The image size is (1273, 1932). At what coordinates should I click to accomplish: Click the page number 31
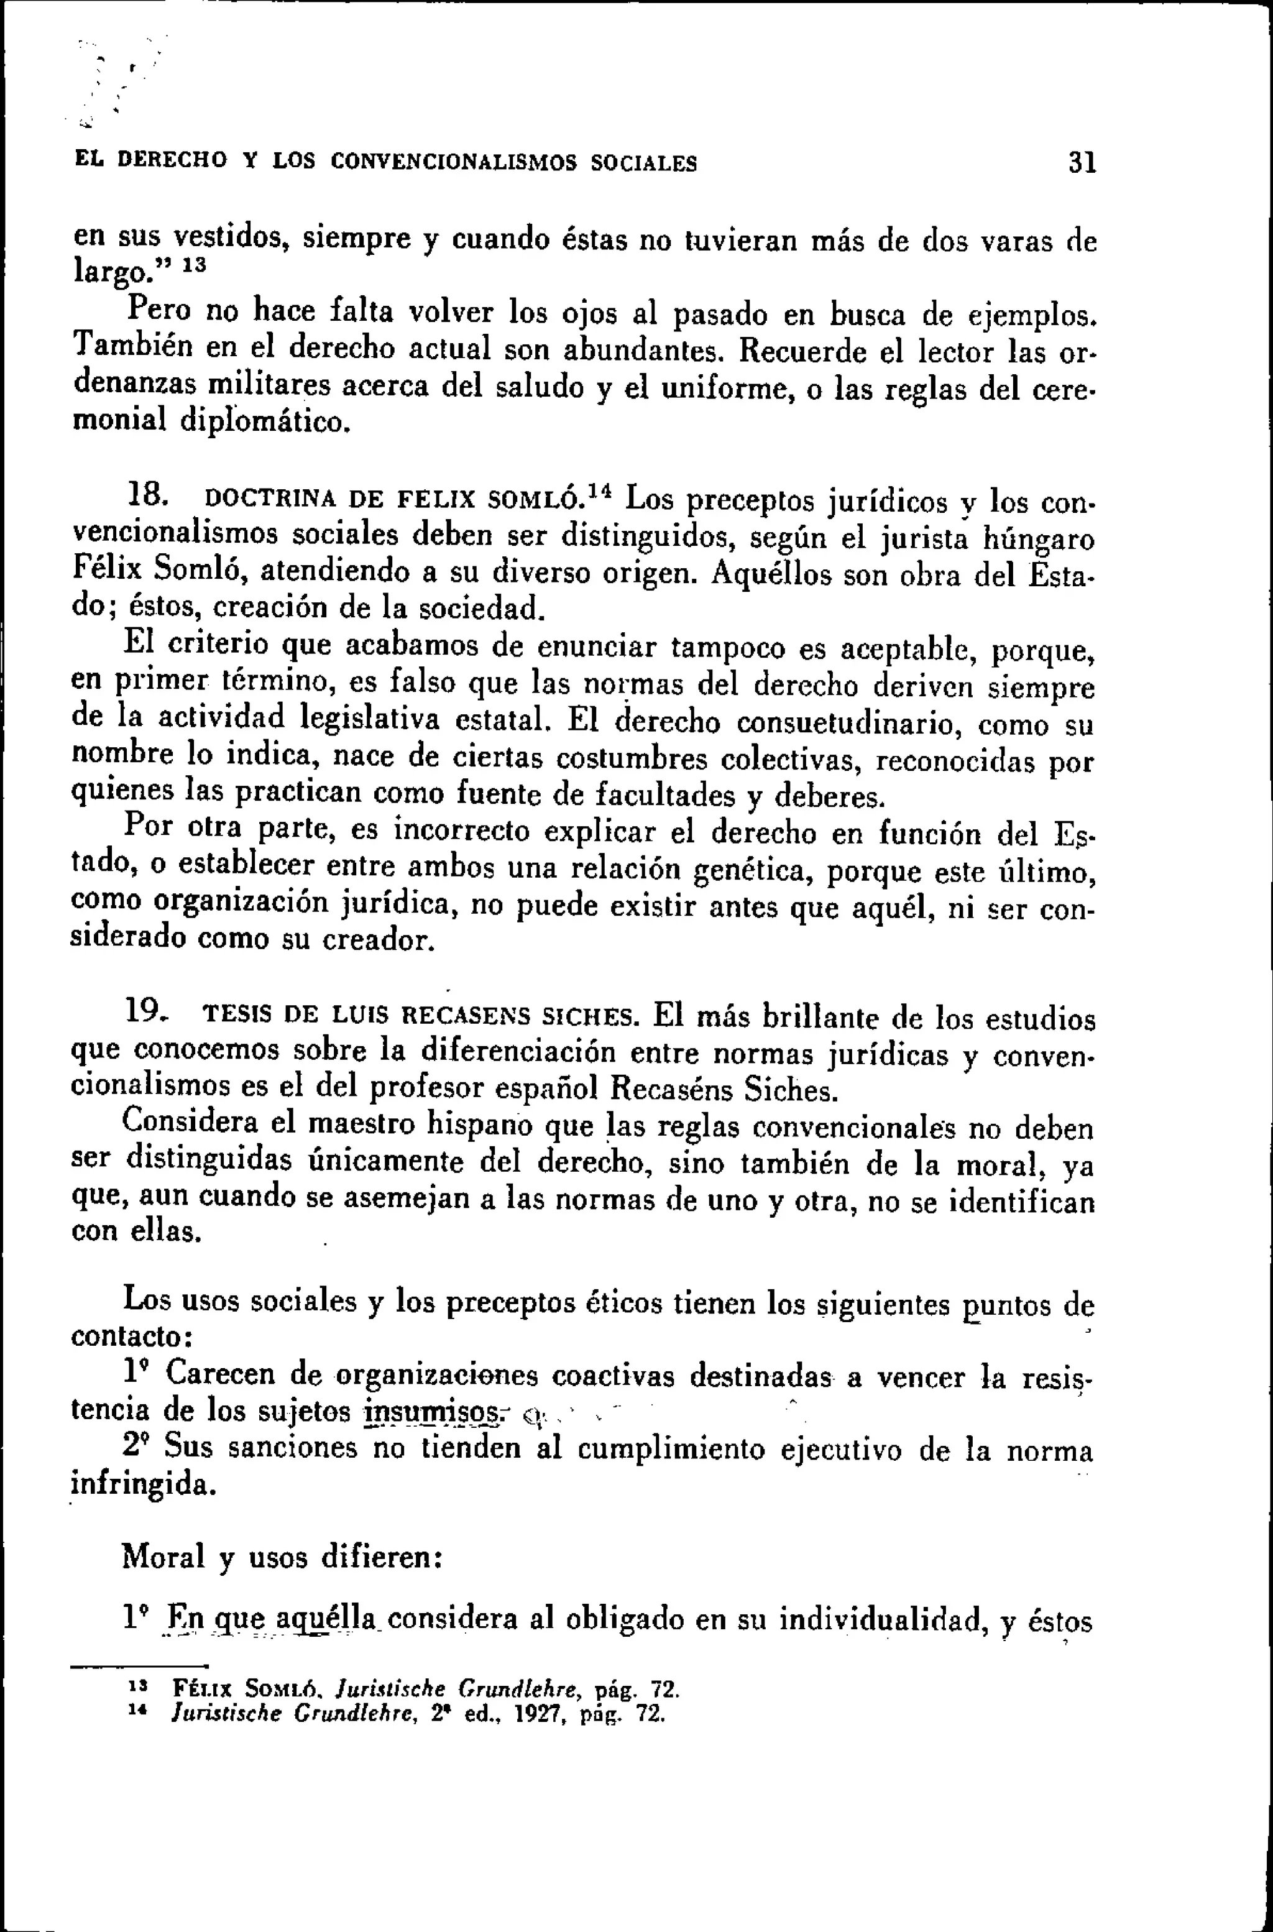click(1082, 163)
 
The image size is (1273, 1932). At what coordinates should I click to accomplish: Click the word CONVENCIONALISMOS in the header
click(454, 162)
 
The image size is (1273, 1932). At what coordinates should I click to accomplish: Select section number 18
click(149, 494)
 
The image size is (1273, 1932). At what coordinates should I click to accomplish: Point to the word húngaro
click(1039, 540)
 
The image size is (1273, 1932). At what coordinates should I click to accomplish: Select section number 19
click(147, 1011)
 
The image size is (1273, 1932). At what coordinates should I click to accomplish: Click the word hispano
click(480, 1125)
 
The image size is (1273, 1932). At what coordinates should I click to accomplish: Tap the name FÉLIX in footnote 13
click(203, 1690)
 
